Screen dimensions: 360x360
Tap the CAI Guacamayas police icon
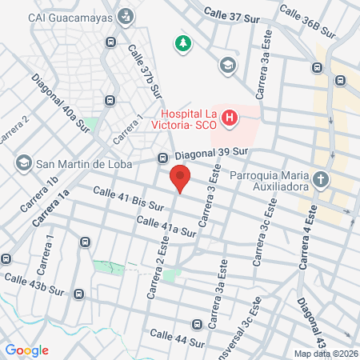point(126,16)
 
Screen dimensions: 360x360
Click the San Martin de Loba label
point(79,163)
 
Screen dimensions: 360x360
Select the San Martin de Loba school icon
point(23,163)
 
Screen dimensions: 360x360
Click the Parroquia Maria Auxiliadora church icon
point(321,179)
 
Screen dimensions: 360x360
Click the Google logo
point(27,350)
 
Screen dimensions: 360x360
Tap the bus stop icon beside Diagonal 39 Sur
point(163,158)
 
